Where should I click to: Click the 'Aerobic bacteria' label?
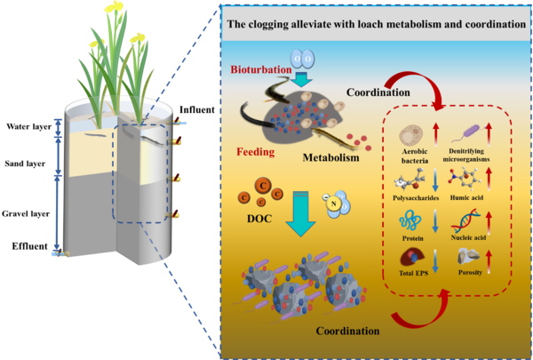(413, 159)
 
